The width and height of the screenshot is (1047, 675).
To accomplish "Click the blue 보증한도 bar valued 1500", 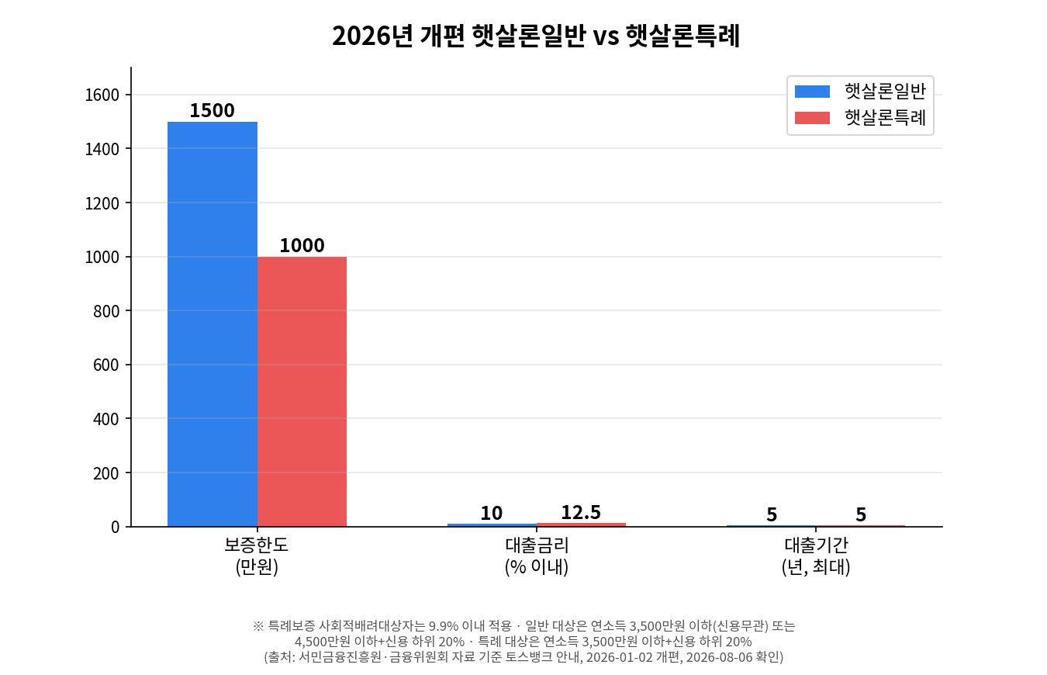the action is [213, 324].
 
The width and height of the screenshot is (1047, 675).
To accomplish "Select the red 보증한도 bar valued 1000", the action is [302, 392].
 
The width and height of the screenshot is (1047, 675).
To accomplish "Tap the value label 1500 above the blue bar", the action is [213, 111].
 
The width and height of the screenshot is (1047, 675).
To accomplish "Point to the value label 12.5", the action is [581, 512].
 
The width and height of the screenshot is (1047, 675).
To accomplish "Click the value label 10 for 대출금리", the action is [491, 514].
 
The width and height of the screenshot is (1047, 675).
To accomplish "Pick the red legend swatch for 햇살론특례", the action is [812, 118].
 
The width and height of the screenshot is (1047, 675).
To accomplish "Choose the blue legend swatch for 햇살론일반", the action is [812, 92].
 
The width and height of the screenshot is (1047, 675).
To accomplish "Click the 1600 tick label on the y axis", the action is [102, 95].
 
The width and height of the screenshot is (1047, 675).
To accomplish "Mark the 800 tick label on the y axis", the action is [106, 311].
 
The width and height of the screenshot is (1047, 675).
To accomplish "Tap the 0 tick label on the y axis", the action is [115, 527].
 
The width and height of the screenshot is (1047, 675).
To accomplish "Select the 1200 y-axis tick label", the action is [102, 202].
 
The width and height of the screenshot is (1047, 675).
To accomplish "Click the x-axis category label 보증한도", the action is [257, 545].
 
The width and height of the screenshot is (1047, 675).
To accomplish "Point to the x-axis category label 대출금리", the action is [537, 545].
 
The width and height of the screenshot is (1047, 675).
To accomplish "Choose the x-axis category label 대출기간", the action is [816, 545].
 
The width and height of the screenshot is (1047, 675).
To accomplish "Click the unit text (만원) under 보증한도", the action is [257, 566].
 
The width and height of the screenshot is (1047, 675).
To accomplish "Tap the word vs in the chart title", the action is [606, 36].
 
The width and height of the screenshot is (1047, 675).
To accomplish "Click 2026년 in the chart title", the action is [372, 36].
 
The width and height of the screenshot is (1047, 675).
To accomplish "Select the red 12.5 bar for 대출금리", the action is [581, 524].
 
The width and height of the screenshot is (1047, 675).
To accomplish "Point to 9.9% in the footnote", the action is [443, 626].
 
